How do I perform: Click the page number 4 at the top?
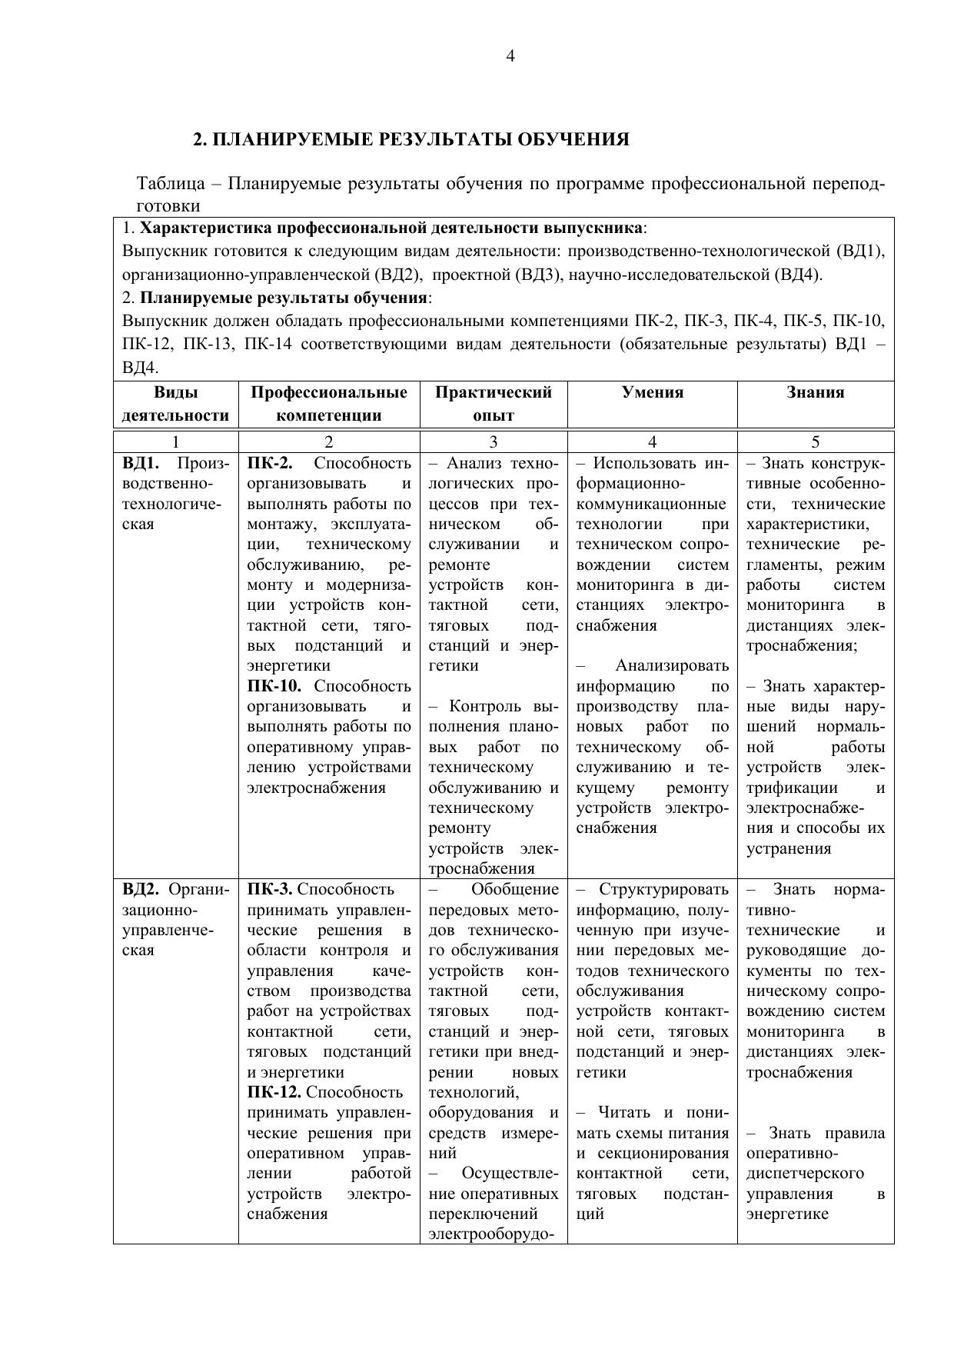510,55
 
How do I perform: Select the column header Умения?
652,392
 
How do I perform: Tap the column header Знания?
815,392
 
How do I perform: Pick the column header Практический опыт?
493,404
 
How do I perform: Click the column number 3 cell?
493,441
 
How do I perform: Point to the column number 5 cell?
815,441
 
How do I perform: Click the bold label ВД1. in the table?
141,464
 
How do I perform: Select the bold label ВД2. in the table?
141,890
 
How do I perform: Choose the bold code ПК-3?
270,890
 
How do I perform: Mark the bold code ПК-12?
274,1092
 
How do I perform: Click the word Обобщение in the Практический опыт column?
514,890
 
